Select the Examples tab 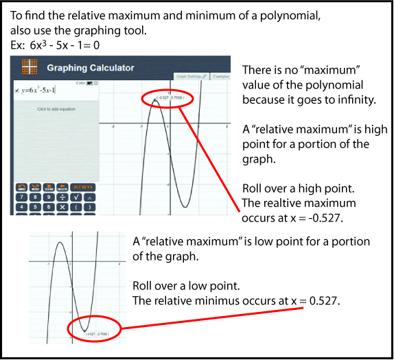pos(221,76)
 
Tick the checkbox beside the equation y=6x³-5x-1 pos(16,90)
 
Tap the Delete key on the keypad pos(62,187)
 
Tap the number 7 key pos(22,197)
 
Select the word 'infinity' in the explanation pos(347,101)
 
